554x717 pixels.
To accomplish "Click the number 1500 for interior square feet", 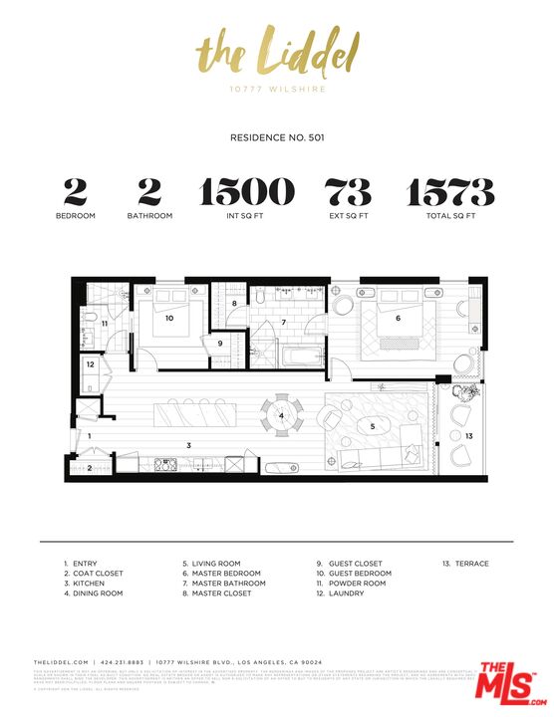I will pos(248,191).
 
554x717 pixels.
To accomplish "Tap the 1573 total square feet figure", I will pos(449,191).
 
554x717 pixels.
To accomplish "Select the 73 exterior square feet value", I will pos(349,191).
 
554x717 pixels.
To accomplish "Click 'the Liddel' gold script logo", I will pos(276,51).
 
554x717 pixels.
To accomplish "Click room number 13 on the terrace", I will pos(468,436).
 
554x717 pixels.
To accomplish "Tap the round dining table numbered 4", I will pos(282,415).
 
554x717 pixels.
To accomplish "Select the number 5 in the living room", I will pos(373,425).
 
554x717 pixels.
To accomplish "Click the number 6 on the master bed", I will pos(398,319).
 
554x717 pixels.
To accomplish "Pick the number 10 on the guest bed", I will pos(170,319).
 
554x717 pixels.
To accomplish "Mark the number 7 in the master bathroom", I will pos(283,323).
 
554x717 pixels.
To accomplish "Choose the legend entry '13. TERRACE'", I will pos(465,564).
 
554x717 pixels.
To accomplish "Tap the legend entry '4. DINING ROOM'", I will pos(93,594).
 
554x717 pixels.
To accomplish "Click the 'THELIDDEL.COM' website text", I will pos(62,661).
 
